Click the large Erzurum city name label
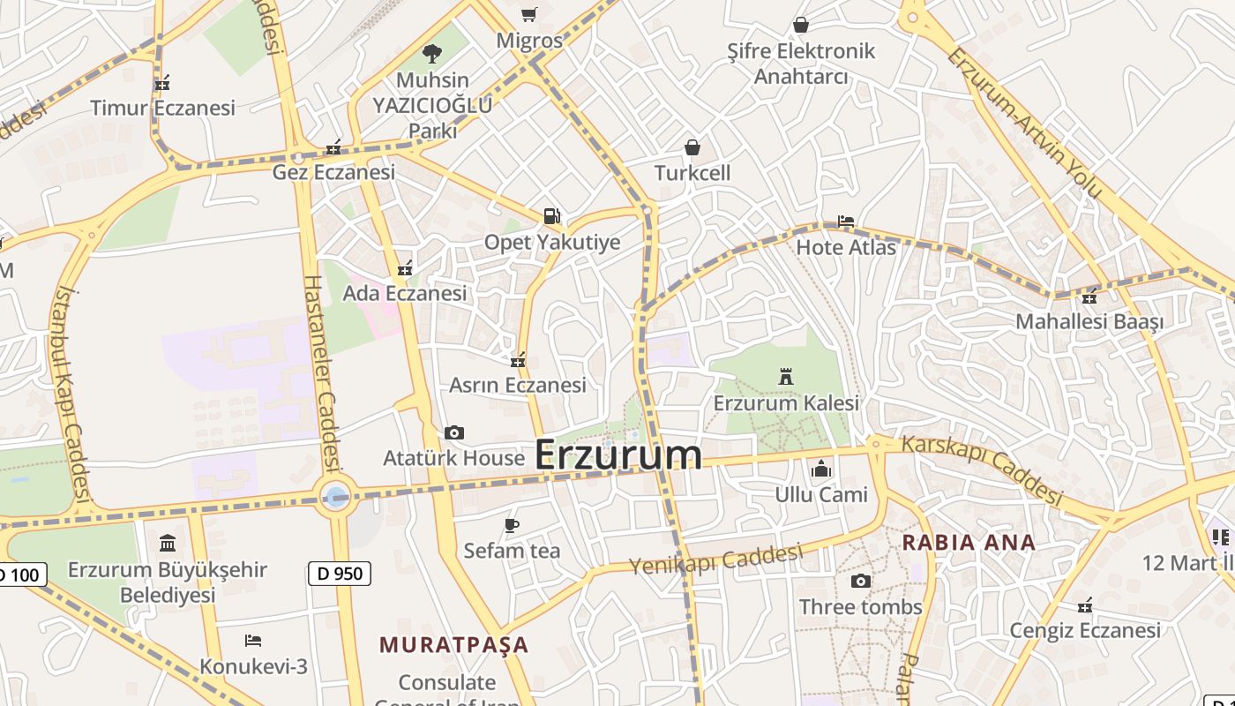[x=618, y=455]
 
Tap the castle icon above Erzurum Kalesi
[x=785, y=378]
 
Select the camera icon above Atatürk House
[x=454, y=432]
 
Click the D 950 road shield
[x=340, y=574]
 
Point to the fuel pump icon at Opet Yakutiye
[x=551, y=216]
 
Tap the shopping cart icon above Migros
[x=528, y=15]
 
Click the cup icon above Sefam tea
[x=512, y=526]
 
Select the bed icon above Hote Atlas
[x=845, y=222]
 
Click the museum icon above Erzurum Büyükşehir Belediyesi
[x=168, y=543]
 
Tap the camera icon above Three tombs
[x=860, y=581]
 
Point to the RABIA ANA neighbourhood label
[x=969, y=543]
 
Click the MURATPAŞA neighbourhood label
[x=453, y=645]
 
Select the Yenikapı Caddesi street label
[x=715, y=560]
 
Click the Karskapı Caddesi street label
[x=982, y=469]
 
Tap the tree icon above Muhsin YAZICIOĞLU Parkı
[x=431, y=54]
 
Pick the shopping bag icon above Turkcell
[x=692, y=146]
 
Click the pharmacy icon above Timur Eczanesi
[x=161, y=83]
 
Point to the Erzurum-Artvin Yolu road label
[x=1024, y=122]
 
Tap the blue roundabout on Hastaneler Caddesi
[x=336, y=497]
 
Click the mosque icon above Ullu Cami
[x=821, y=469]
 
